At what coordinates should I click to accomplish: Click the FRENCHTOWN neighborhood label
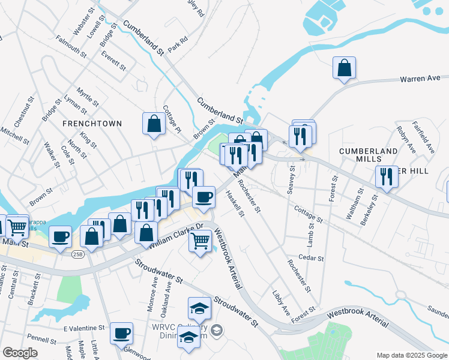click(92, 124)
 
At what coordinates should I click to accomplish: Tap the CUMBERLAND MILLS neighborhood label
click(368, 155)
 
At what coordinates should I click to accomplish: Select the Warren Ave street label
click(420, 79)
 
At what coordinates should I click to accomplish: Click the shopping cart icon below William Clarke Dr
click(200, 241)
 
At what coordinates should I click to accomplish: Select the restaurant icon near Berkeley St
click(386, 177)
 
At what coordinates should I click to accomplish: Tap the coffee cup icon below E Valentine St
click(122, 332)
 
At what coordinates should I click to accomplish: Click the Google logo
click(20, 353)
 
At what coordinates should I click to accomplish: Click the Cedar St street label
click(312, 259)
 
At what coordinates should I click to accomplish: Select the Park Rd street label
click(178, 43)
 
